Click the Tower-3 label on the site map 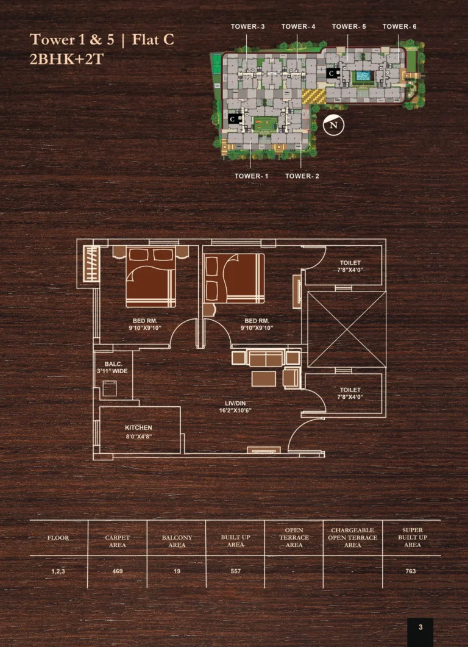(x=247, y=26)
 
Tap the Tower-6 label (x=399, y=26)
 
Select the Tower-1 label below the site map (x=251, y=176)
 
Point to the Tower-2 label (x=302, y=176)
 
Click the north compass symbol (x=333, y=125)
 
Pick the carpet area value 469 (x=118, y=571)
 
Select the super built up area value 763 (x=410, y=571)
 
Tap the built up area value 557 (x=235, y=571)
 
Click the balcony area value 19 (x=177, y=571)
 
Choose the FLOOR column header (x=58, y=538)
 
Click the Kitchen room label (x=138, y=428)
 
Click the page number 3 (x=420, y=627)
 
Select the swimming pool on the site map (x=363, y=76)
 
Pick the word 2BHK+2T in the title (x=66, y=59)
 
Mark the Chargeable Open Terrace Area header (x=353, y=537)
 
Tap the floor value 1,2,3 (x=58, y=571)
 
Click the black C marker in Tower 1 (x=233, y=119)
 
